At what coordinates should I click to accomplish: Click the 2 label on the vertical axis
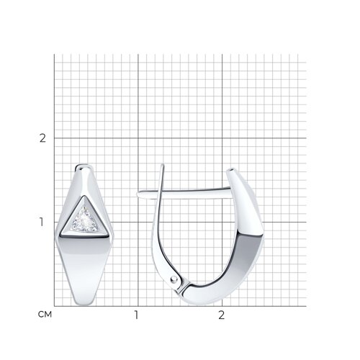(42, 138)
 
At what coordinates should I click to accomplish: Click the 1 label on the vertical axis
(42, 222)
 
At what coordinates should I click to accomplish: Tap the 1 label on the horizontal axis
(137, 315)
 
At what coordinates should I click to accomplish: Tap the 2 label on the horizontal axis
(221, 315)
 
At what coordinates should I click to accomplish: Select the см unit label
(45, 315)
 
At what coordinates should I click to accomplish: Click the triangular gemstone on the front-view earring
(84, 220)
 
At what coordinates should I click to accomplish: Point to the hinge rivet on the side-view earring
(174, 279)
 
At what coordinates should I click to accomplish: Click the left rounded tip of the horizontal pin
(138, 194)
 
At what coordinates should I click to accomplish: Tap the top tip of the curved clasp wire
(163, 165)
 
